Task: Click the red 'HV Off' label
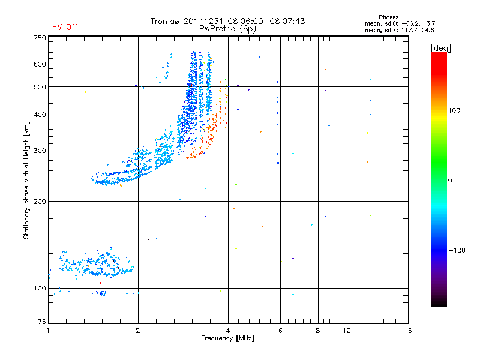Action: [64, 27]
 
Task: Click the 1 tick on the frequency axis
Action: [48, 331]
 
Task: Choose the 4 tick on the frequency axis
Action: [228, 331]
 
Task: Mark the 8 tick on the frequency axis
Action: [318, 331]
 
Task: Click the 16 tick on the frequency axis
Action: [407, 331]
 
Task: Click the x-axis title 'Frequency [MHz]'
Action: [227, 338]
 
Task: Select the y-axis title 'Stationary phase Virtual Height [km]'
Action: [26, 180]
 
